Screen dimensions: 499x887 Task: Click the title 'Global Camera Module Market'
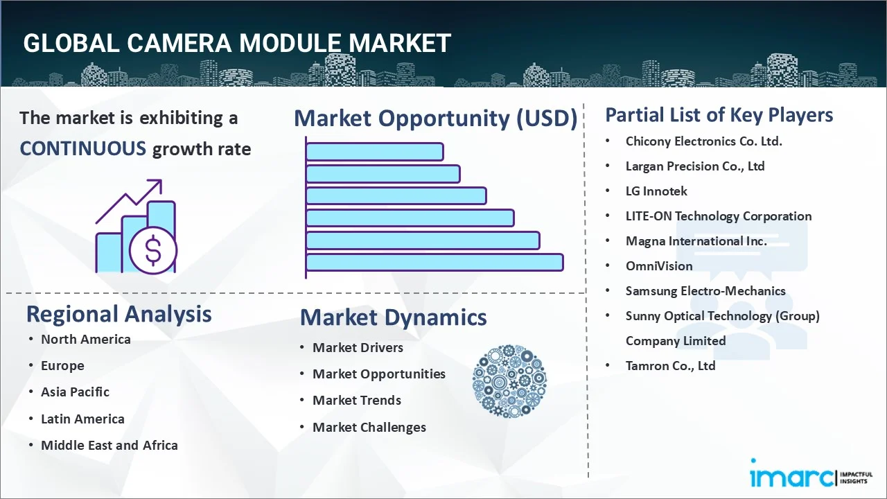(x=237, y=43)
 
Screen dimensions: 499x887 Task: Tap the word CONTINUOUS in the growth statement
(x=82, y=148)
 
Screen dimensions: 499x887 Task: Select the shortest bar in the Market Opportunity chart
(x=374, y=151)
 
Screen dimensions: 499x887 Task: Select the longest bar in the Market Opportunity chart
(x=434, y=262)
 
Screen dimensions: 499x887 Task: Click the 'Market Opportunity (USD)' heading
(x=435, y=119)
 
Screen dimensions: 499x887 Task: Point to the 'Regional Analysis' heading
(x=118, y=314)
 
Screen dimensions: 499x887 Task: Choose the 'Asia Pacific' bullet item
(x=75, y=392)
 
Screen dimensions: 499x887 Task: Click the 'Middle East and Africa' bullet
(x=109, y=445)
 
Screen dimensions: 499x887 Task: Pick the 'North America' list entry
(x=85, y=339)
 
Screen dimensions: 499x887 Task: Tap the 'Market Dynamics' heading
(x=393, y=317)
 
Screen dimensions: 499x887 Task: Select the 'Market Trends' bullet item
(x=356, y=400)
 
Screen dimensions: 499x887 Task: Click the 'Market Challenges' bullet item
(x=369, y=427)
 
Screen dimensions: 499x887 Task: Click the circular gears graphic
(x=509, y=382)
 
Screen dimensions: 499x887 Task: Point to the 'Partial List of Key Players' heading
(x=719, y=114)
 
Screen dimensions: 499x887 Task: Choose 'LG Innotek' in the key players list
(x=656, y=191)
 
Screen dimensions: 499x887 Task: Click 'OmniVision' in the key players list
(x=658, y=265)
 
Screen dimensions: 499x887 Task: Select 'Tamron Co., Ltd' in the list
(x=670, y=365)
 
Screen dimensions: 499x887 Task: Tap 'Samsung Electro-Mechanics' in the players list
(x=705, y=290)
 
